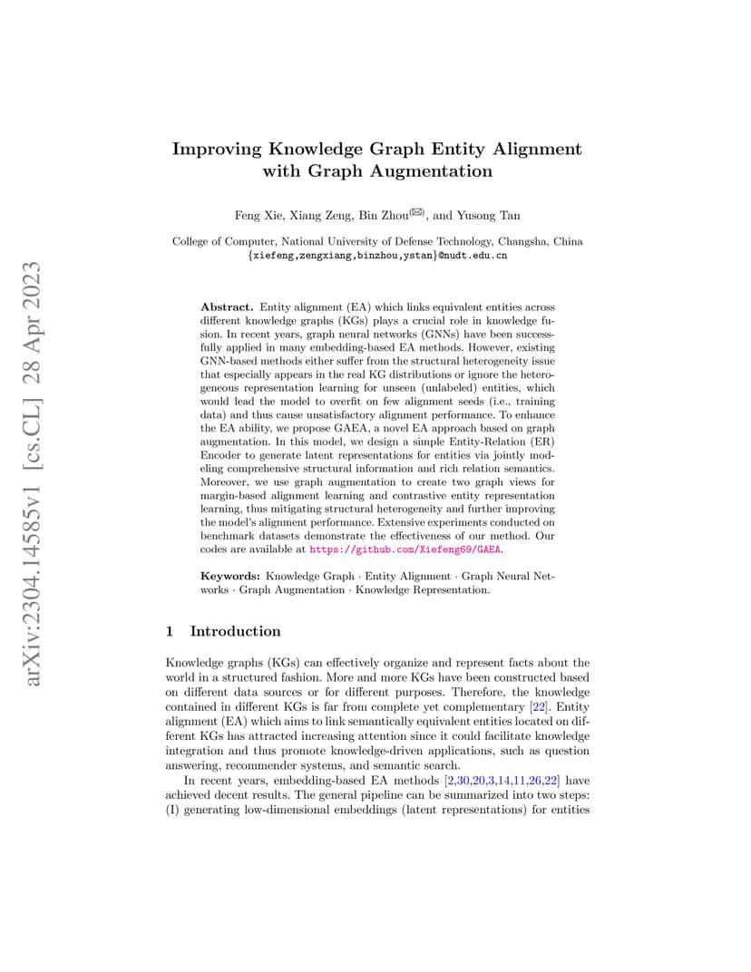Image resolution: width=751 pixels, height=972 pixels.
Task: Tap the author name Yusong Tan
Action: (x=490, y=215)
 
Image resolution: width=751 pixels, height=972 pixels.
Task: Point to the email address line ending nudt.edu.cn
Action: (x=376, y=256)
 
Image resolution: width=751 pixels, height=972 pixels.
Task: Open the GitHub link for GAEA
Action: (x=405, y=549)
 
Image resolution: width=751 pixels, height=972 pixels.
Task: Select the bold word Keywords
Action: (x=230, y=576)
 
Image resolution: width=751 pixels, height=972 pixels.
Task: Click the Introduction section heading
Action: (x=236, y=631)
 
